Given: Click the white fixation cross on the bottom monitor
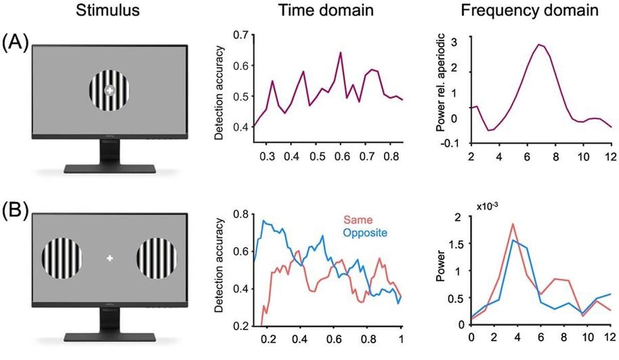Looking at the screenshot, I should point(109,258).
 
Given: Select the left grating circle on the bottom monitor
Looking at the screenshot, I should point(61,258).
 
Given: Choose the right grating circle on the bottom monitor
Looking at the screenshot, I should point(157,258).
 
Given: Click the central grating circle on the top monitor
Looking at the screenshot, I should point(109,90).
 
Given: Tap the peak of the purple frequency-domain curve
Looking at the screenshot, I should point(539,44).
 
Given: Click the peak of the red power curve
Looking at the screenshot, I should point(513,224).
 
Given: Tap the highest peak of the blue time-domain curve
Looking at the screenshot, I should point(263,221).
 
